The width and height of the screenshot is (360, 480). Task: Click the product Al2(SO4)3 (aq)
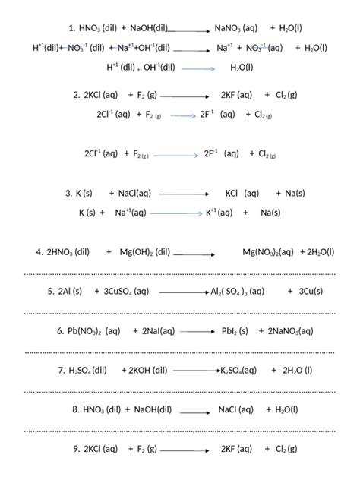(238, 292)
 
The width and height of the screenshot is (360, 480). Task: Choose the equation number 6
(60, 331)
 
